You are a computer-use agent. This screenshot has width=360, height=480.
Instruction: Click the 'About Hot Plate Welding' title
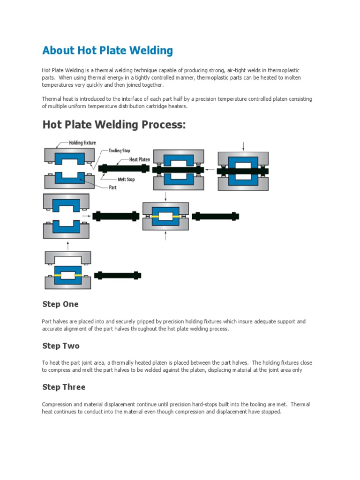[x=107, y=50]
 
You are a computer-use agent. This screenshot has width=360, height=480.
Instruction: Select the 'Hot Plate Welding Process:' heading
[x=114, y=125]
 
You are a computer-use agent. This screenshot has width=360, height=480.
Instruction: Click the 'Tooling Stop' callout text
[x=119, y=151]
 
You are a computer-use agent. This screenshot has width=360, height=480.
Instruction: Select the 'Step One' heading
[x=60, y=304]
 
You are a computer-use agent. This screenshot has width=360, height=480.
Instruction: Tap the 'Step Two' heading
[x=61, y=346]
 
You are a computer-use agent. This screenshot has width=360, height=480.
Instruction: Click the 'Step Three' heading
[x=64, y=387]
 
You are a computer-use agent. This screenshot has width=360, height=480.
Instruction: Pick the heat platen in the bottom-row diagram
[x=118, y=275]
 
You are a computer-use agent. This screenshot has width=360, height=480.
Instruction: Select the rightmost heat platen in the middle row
[x=216, y=216]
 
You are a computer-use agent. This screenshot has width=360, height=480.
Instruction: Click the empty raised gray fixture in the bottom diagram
[x=68, y=258]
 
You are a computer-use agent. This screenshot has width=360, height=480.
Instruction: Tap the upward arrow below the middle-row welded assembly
[x=165, y=236]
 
